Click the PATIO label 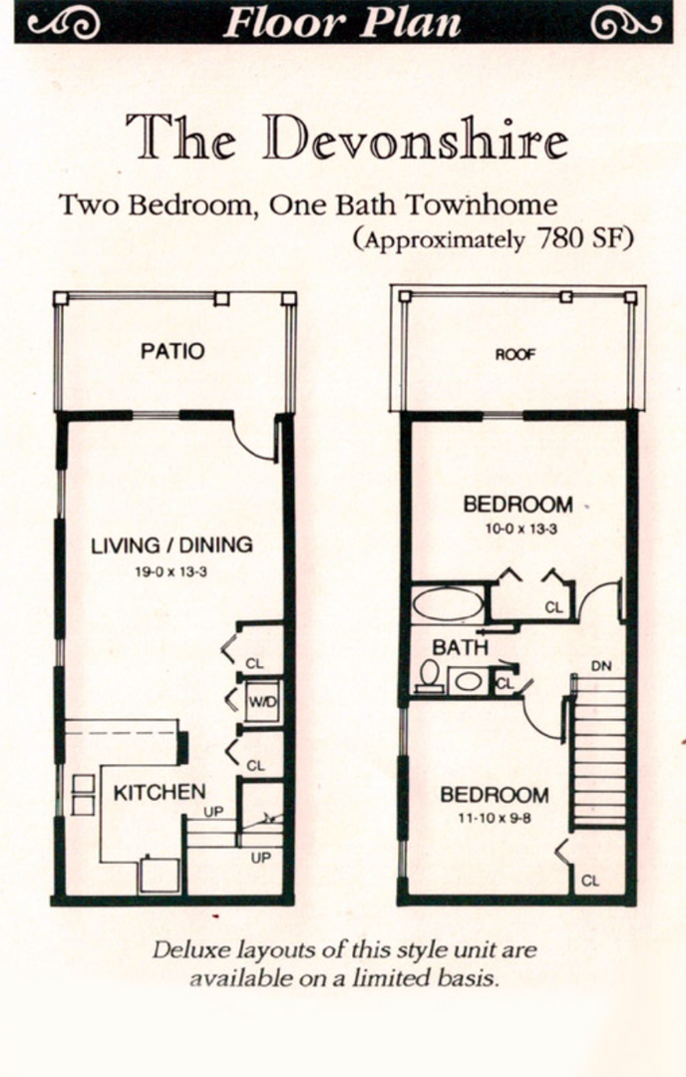[x=172, y=351]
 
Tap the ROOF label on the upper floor [x=515, y=354]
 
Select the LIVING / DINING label [x=171, y=545]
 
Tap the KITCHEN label [x=159, y=793]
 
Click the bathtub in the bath [x=448, y=605]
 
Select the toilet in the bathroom [x=430, y=675]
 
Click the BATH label [x=460, y=647]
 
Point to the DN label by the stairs [x=600, y=665]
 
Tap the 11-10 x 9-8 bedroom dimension [x=495, y=820]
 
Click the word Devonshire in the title [x=416, y=138]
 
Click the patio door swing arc [x=254, y=444]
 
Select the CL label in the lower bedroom [x=589, y=881]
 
